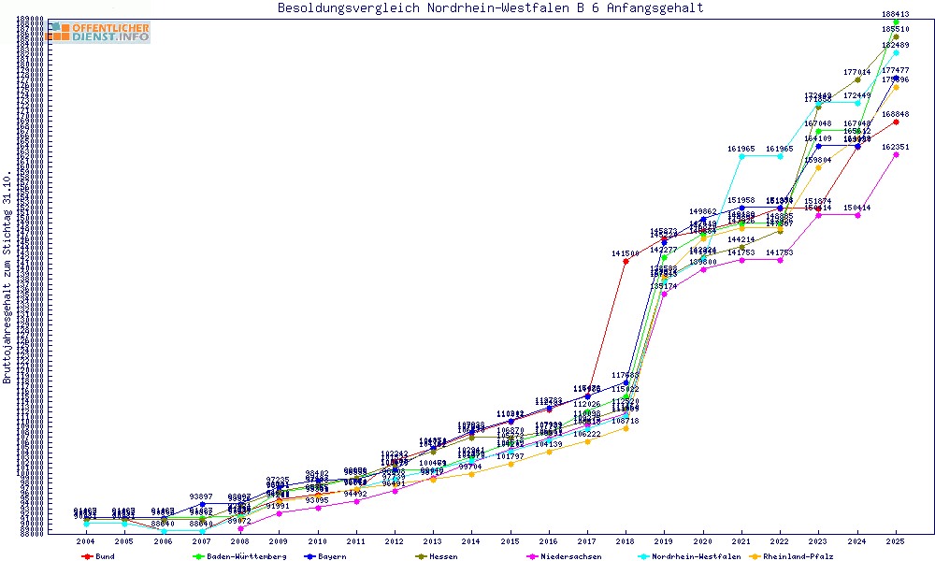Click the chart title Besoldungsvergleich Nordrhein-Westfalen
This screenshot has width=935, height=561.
pos(490,8)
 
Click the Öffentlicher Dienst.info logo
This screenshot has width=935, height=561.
pos(99,32)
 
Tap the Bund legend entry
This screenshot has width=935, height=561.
pos(104,555)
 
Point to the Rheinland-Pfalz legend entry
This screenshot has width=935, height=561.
pos(798,555)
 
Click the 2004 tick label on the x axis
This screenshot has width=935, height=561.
pos(85,541)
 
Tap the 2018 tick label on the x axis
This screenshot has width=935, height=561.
pos(626,541)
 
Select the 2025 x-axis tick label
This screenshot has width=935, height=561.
pos(896,541)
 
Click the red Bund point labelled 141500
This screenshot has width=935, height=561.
pos(626,261)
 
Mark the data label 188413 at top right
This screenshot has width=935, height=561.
pos(896,14)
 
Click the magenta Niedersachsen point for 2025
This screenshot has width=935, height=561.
pos(896,154)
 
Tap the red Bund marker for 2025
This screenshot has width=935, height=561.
pos(896,122)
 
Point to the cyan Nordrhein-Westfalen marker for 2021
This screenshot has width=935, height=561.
pos(741,156)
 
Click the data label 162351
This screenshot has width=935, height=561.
pos(896,147)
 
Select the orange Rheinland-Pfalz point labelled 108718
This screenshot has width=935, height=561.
pos(626,428)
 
